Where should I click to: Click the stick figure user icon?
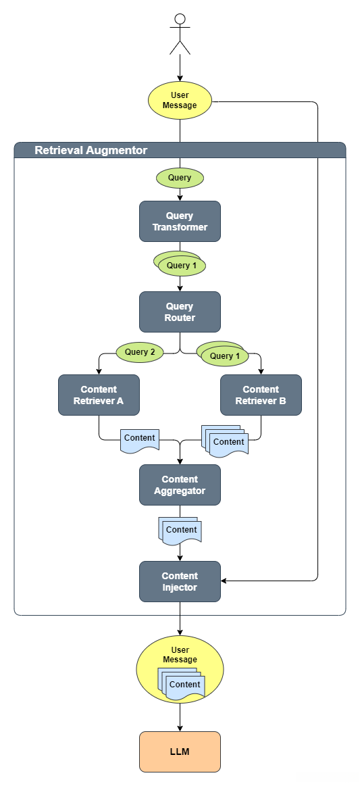point(180,34)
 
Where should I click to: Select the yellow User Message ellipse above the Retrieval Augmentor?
point(180,101)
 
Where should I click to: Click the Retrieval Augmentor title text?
point(91,150)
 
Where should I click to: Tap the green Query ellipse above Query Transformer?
point(180,178)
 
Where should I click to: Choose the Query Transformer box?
point(180,221)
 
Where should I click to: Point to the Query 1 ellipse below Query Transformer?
point(180,265)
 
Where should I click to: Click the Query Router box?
point(180,312)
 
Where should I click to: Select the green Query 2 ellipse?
point(140,352)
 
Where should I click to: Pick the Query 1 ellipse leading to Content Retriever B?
point(224,355)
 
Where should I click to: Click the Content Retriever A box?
point(99,395)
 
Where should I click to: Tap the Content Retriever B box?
point(261,395)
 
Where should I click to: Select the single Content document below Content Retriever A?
point(139,439)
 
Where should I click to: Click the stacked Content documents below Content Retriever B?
point(226,441)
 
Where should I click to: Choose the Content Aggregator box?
point(180,485)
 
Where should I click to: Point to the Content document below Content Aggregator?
point(180,530)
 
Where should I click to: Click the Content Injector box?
point(180,581)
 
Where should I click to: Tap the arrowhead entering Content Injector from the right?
point(224,581)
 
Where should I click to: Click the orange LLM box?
point(180,751)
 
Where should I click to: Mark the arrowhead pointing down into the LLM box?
point(180,728)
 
